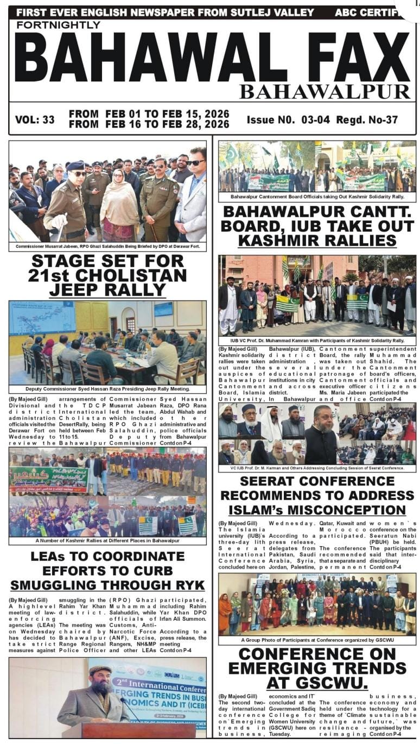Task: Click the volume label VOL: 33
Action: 35,119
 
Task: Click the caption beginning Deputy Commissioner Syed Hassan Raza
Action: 107,389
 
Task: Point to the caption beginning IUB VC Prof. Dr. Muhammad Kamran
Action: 317,341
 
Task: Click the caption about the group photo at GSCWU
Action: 317,640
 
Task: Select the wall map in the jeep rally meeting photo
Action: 41,318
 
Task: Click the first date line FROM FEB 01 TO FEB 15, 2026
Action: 149,114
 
